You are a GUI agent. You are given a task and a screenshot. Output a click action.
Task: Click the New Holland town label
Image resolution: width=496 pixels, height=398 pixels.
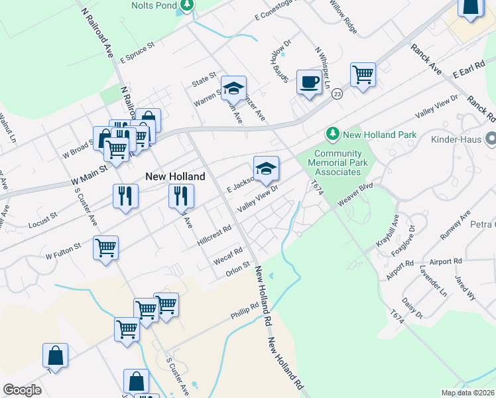coord(175,176)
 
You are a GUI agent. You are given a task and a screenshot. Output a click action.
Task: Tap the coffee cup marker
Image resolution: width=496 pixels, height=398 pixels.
coord(308,82)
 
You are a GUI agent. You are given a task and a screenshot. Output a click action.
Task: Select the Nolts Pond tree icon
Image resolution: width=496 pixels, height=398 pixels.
coord(187,5)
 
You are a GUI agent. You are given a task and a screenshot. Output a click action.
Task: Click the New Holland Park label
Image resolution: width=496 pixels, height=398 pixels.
coord(379,135)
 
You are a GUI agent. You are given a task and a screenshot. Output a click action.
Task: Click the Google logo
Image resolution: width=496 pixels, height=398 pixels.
coord(23,390)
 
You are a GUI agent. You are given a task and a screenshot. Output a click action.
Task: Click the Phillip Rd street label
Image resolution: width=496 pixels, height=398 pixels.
coord(245,310)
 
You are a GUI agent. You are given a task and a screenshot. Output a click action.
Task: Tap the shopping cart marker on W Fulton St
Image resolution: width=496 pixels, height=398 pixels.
coord(106,248)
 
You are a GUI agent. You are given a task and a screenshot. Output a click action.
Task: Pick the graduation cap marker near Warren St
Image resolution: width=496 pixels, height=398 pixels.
coord(233,88)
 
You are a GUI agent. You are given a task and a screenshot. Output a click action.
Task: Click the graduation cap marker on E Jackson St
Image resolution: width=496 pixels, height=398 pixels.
coord(266,168)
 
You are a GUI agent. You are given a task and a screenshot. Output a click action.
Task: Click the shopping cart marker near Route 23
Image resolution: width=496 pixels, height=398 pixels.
coord(363,74)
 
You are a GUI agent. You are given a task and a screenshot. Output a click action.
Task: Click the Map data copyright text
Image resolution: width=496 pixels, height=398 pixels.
coord(467,393)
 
